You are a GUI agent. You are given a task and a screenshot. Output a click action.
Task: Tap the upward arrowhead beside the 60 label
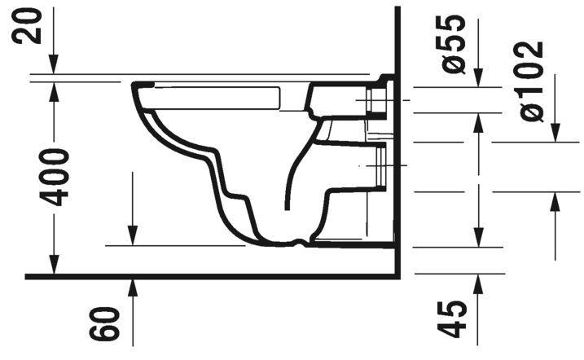pyautogui.click(x=133, y=285)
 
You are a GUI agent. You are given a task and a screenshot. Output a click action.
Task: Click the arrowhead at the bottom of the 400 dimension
pyautogui.click(x=55, y=268)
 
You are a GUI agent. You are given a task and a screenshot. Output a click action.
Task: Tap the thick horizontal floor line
pyautogui.click(x=204, y=276)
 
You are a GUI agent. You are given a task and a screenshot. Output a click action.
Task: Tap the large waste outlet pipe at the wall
pyautogui.click(x=375, y=167)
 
